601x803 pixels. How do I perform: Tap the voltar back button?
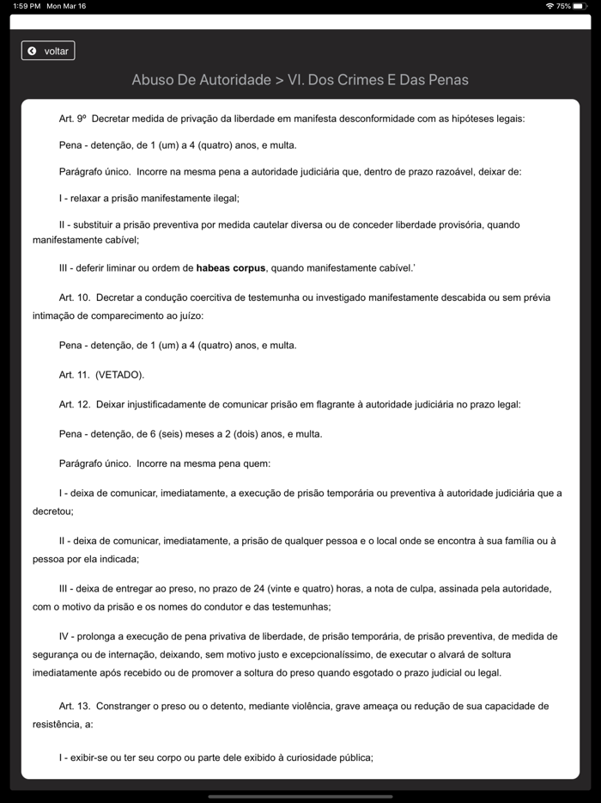(x=48, y=51)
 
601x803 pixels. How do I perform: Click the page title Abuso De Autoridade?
(x=201, y=80)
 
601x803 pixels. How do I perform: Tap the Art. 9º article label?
(x=73, y=119)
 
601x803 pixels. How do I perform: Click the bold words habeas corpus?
(x=231, y=268)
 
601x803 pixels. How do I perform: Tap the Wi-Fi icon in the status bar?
(x=549, y=6)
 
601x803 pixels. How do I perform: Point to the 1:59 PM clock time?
(x=27, y=6)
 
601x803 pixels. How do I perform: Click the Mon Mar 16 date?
(x=66, y=6)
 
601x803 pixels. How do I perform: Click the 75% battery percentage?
(x=563, y=6)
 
